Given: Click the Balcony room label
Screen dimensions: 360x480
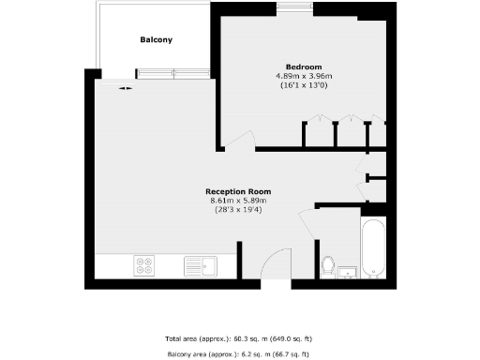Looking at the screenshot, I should click(156, 40).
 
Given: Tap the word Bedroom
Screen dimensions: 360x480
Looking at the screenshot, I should click(304, 67).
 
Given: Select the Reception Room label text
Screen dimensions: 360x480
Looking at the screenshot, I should click(239, 191).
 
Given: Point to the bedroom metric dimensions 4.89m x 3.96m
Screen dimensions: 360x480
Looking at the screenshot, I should click(304, 76).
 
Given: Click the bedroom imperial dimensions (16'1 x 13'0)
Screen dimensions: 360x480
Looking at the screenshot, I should click(304, 85).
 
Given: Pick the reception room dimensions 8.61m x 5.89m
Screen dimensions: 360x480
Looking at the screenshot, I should click(239, 201).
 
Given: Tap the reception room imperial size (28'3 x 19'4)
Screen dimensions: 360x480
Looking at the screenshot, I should click(239, 210).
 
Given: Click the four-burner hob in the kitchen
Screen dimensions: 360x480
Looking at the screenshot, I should click(145, 265).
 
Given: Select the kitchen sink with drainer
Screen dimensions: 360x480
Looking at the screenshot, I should click(200, 265).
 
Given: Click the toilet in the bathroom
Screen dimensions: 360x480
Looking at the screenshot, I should click(328, 266).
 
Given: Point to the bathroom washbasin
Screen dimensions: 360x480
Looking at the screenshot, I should click(349, 272).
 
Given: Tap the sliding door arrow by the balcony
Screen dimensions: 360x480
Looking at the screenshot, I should click(125, 88).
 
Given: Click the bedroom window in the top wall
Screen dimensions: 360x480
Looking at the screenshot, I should click(295, 7).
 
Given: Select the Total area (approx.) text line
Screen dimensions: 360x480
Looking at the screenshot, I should click(239, 337).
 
